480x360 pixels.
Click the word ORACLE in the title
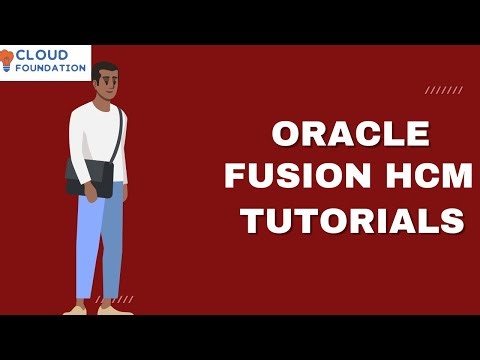click(x=351, y=135)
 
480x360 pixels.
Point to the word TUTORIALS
click(x=352, y=219)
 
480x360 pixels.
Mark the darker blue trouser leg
click(x=113, y=245)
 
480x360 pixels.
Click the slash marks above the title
click(x=443, y=90)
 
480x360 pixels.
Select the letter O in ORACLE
click(x=287, y=135)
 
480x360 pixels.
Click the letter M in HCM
click(x=449, y=176)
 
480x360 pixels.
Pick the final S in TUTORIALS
click(x=454, y=219)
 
